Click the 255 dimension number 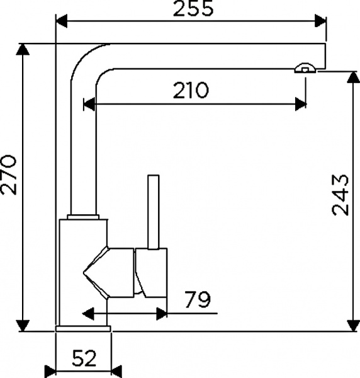[x=193, y=8]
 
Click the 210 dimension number [x=190, y=90]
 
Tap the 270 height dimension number [x=9, y=175]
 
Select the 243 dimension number [x=340, y=195]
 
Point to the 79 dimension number [x=198, y=299]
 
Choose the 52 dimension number [x=84, y=358]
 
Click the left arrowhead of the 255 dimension [x=62, y=21]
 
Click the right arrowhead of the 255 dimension [x=320, y=21]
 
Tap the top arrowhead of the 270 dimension [x=23, y=50]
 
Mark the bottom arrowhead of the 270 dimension [x=23, y=326]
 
